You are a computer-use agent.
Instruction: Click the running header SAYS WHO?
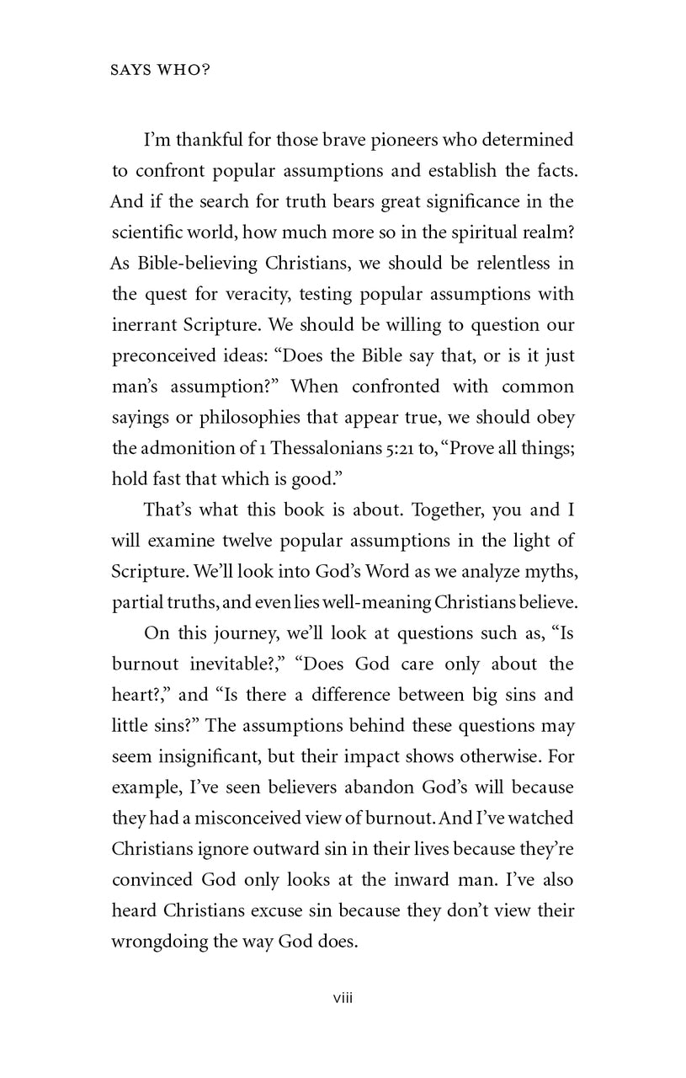(x=160, y=71)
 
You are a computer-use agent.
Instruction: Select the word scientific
(x=152, y=232)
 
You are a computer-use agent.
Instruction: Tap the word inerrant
(x=145, y=325)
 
